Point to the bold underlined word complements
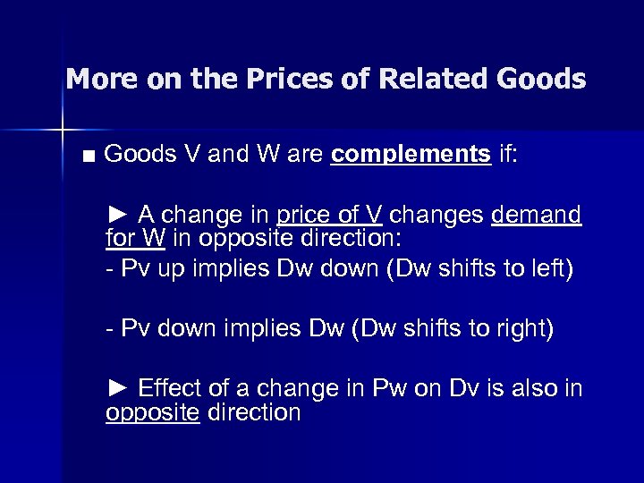click(x=411, y=154)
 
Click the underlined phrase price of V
click(x=330, y=216)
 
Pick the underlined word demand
click(x=537, y=216)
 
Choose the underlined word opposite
click(x=152, y=413)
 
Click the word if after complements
click(x=508, y=154)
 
